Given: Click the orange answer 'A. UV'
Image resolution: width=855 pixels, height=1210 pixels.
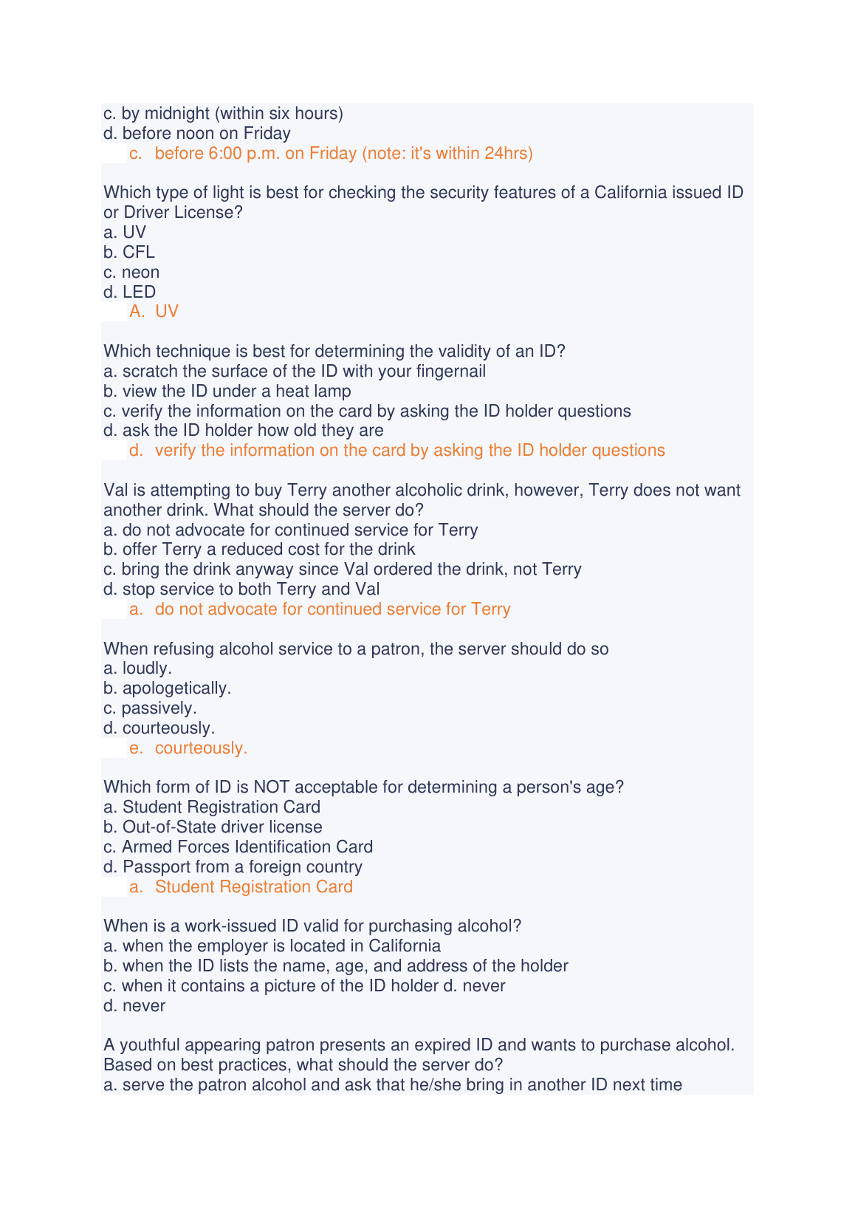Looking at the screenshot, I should coord(154,311).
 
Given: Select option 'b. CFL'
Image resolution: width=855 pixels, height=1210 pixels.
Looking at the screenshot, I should coord(129,252).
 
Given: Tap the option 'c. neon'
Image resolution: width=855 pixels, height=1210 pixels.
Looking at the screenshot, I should coord(131,272).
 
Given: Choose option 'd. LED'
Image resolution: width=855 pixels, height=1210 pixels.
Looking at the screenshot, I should coord(130,292).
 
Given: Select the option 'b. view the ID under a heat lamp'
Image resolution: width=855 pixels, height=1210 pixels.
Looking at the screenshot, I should coord(227,391).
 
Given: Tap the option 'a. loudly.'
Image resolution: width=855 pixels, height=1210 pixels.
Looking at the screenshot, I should coord(138,668).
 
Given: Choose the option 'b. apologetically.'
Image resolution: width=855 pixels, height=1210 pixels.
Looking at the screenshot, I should coord(168,688).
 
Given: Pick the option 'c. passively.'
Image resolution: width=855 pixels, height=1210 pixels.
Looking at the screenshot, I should coord(150,708).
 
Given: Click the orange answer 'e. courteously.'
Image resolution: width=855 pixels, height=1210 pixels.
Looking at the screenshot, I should coord(188,748).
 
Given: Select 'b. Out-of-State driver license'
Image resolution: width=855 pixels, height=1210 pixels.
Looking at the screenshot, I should coord(213,827).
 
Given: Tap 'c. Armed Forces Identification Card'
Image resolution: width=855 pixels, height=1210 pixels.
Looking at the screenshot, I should coord(238,847).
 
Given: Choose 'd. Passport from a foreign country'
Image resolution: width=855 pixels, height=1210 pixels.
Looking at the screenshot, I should coord(233,867).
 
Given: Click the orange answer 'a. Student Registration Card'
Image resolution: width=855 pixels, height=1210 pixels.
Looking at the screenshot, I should coord(241,886).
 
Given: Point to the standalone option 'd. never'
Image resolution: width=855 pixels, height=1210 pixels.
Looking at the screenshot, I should coord(134,1005).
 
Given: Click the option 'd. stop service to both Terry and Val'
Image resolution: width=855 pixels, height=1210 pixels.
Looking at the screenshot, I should coord(242,589).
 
